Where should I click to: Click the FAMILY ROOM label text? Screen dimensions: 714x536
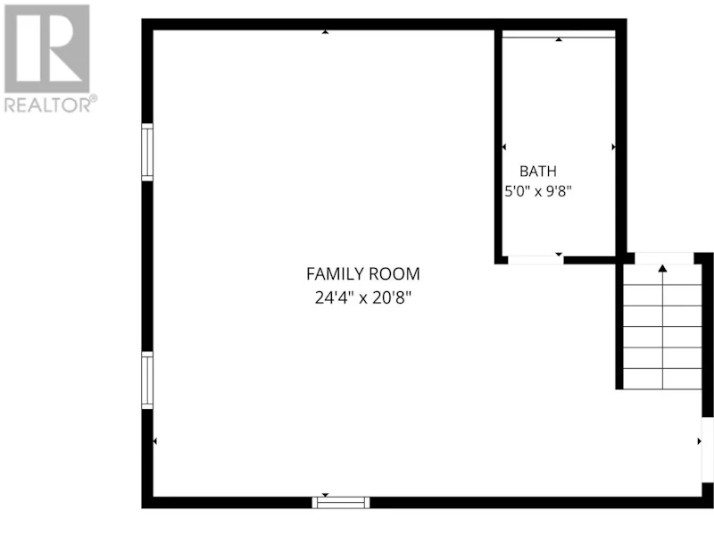coord(363,274)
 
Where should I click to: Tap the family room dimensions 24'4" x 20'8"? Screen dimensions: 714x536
coord(363,298)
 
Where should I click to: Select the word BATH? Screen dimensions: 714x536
coord(538,172)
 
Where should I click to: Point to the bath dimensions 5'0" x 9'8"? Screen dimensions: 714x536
coord(538,191)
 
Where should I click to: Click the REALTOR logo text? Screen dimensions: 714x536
coord(48,105)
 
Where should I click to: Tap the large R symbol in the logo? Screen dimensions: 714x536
coord(47,48)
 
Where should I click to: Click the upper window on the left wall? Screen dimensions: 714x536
coord(147,152)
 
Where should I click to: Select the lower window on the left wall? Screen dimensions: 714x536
coord(147,381)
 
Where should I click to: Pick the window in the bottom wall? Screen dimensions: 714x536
coord(341,503)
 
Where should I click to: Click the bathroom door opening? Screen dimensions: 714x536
coord(535,260)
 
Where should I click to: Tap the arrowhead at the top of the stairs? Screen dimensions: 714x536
coord(662,269)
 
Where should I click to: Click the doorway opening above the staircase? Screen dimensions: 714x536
coord(664,258)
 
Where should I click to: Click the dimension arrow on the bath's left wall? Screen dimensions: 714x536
coord(504,147)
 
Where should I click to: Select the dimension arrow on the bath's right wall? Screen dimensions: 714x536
coord(613,147)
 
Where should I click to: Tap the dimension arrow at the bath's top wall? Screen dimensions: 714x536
coord(559,39)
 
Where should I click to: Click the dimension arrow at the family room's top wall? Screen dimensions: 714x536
coord(325,32)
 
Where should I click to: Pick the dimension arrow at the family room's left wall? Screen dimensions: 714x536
coord(154,441)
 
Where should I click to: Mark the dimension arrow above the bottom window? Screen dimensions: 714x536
coord(325,495)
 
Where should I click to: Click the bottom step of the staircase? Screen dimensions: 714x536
coord(662,379)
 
